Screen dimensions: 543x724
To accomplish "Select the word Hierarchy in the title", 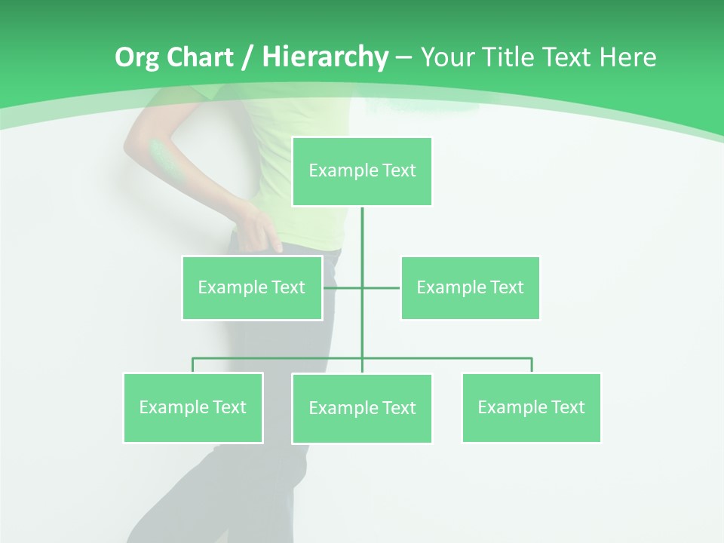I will point(325,58).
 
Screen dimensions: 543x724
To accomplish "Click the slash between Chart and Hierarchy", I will point(248,58).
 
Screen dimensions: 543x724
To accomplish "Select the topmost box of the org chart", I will point(362,171).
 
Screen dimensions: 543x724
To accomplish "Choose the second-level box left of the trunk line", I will point(252,287).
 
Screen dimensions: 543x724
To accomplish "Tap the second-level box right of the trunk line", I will point(470,287).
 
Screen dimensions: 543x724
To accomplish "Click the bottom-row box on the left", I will point(193,408).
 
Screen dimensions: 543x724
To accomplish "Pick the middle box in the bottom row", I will point(362,409).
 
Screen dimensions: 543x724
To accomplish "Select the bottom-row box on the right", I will point(532,408).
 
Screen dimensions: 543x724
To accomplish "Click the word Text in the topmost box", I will point(399,170).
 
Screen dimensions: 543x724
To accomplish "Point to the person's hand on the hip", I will point(256,226).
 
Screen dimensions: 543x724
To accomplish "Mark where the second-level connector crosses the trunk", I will point(362,287).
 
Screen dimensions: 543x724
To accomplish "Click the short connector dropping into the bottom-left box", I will point(193,365).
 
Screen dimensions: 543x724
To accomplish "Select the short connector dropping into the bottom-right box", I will point(532,365).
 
